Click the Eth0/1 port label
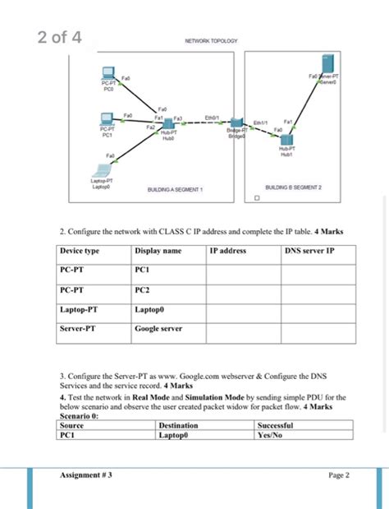pos(212,118)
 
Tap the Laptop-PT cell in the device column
pos(80,310)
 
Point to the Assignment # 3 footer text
pos(86,475)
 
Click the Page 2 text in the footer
pos(339,475)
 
